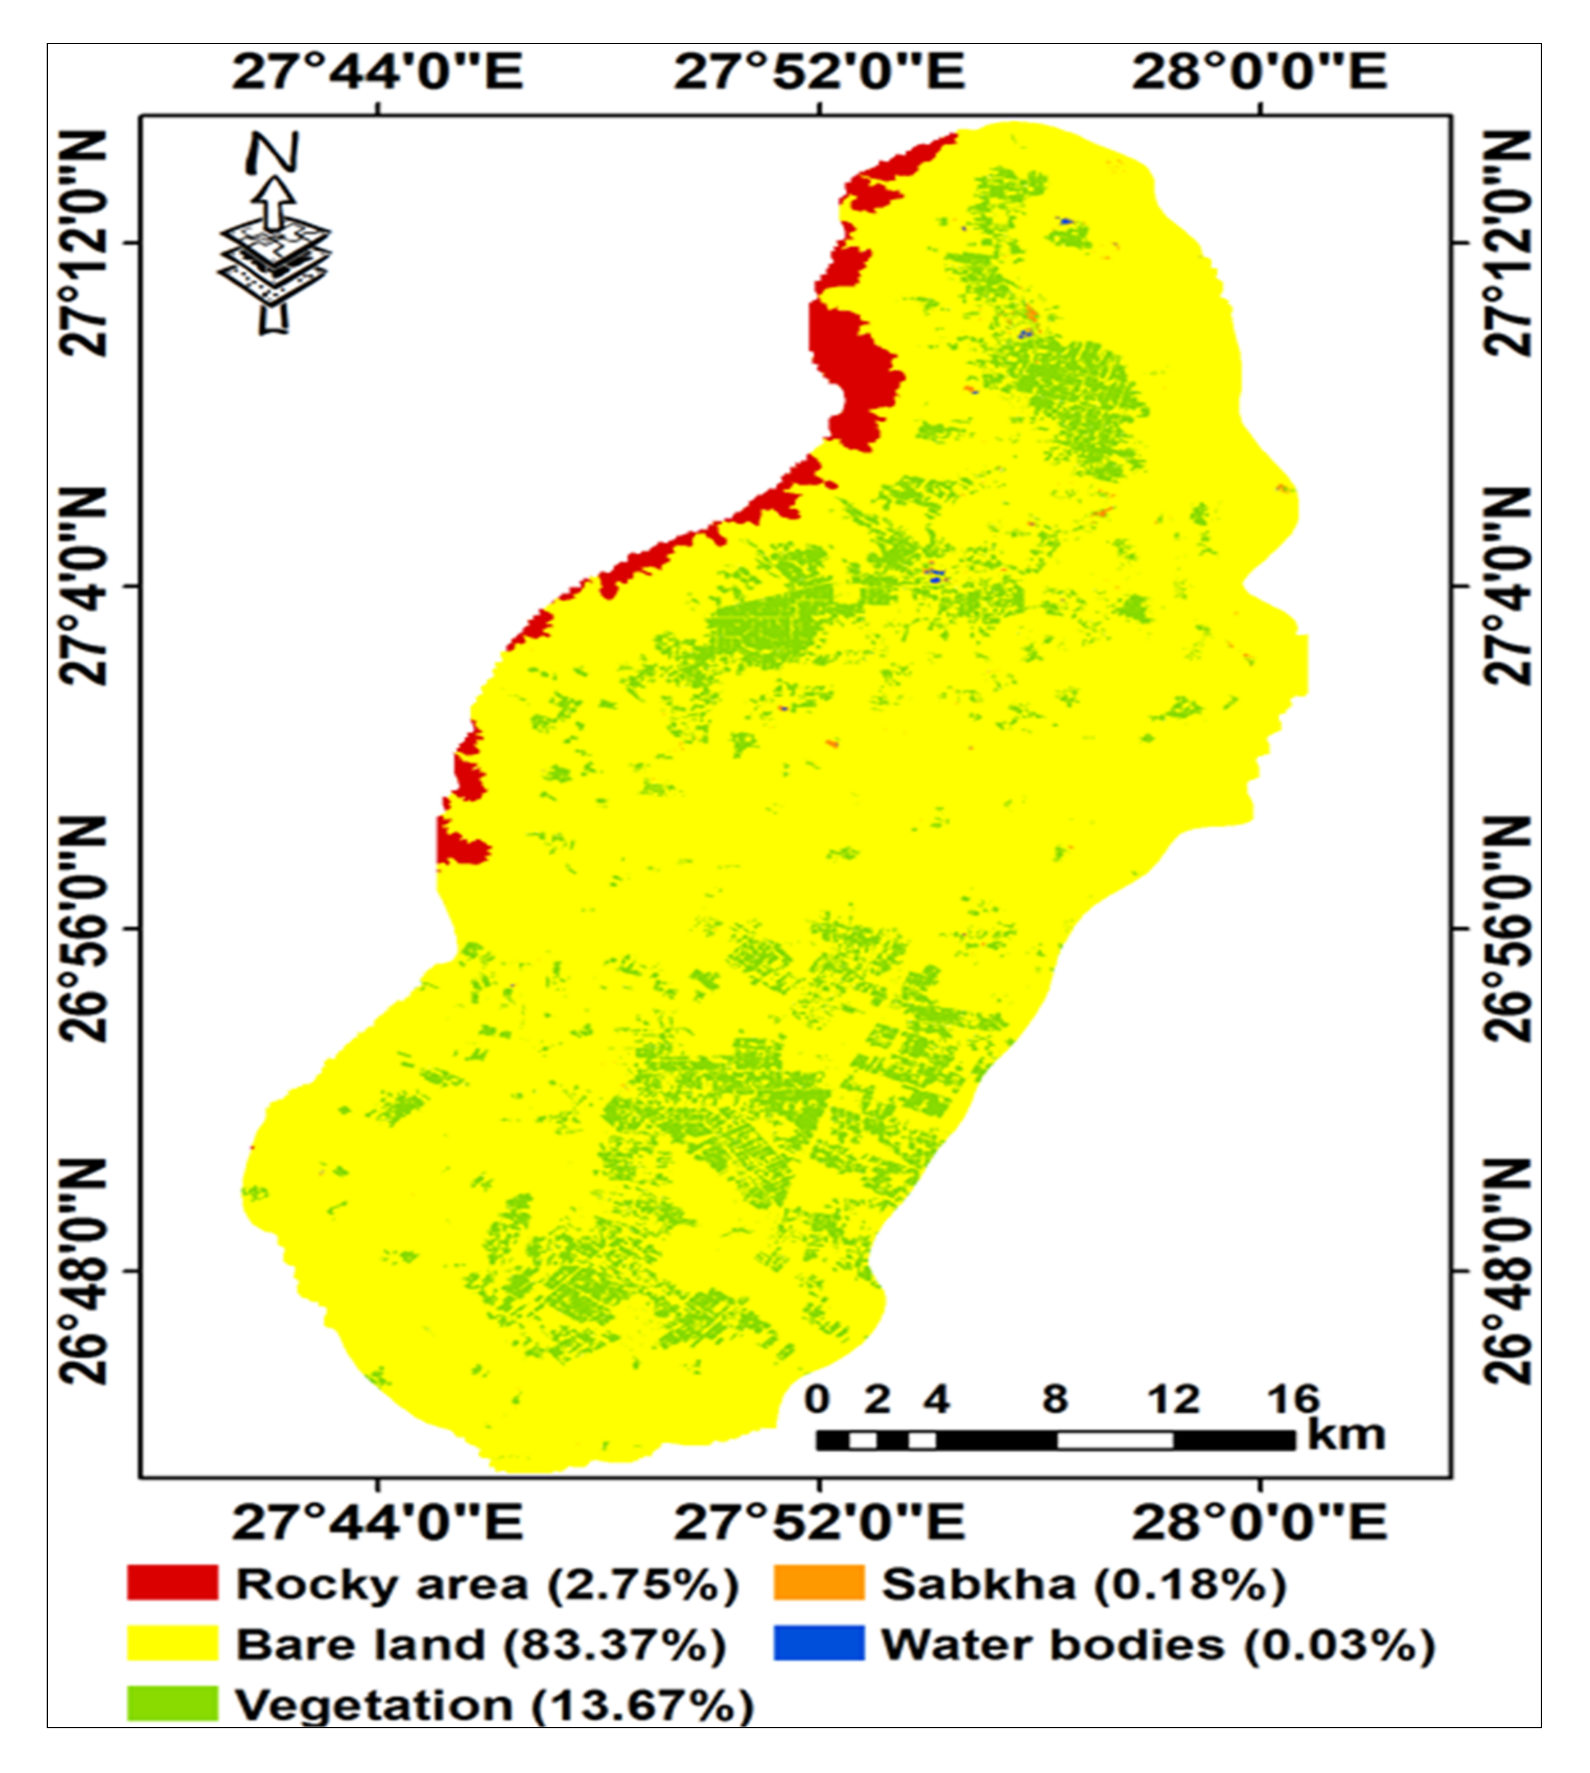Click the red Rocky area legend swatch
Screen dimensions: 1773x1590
(x=172, y=1582)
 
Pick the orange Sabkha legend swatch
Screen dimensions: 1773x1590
(x=818, y=1582)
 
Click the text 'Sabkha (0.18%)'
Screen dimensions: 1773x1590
(x=1083, y=1584)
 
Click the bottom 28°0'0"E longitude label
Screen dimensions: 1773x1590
(x=1259, y=1522)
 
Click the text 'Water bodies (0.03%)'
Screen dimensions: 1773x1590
(x=1158, y=1644)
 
